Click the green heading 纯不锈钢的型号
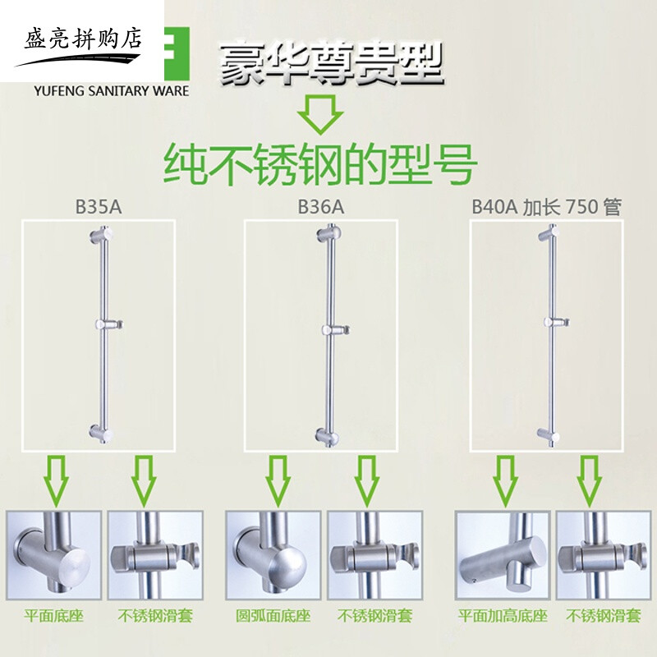[320, 164]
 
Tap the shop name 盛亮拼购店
[81, 38]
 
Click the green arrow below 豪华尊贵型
[319, 114]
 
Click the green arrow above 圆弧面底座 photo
[277, 480]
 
